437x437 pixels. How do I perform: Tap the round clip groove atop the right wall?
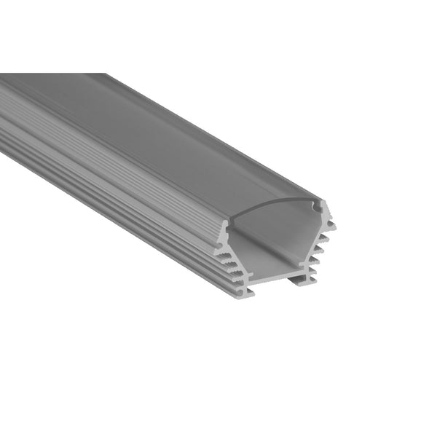pyautogui.click(x=318, y=208)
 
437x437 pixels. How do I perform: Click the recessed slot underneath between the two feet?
pyautogui.click(x=273, y=280)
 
